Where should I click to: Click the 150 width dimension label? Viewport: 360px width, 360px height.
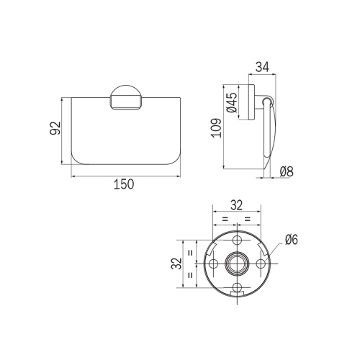[x=124, y=185]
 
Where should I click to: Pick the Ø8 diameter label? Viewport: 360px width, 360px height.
[x=285, y=172]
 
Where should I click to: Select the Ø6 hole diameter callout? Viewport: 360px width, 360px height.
[x=291, y=240]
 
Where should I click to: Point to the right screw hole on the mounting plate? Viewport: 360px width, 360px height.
[x=261, y=264]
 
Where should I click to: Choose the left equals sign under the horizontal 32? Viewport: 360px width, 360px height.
[x=225, y=218]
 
